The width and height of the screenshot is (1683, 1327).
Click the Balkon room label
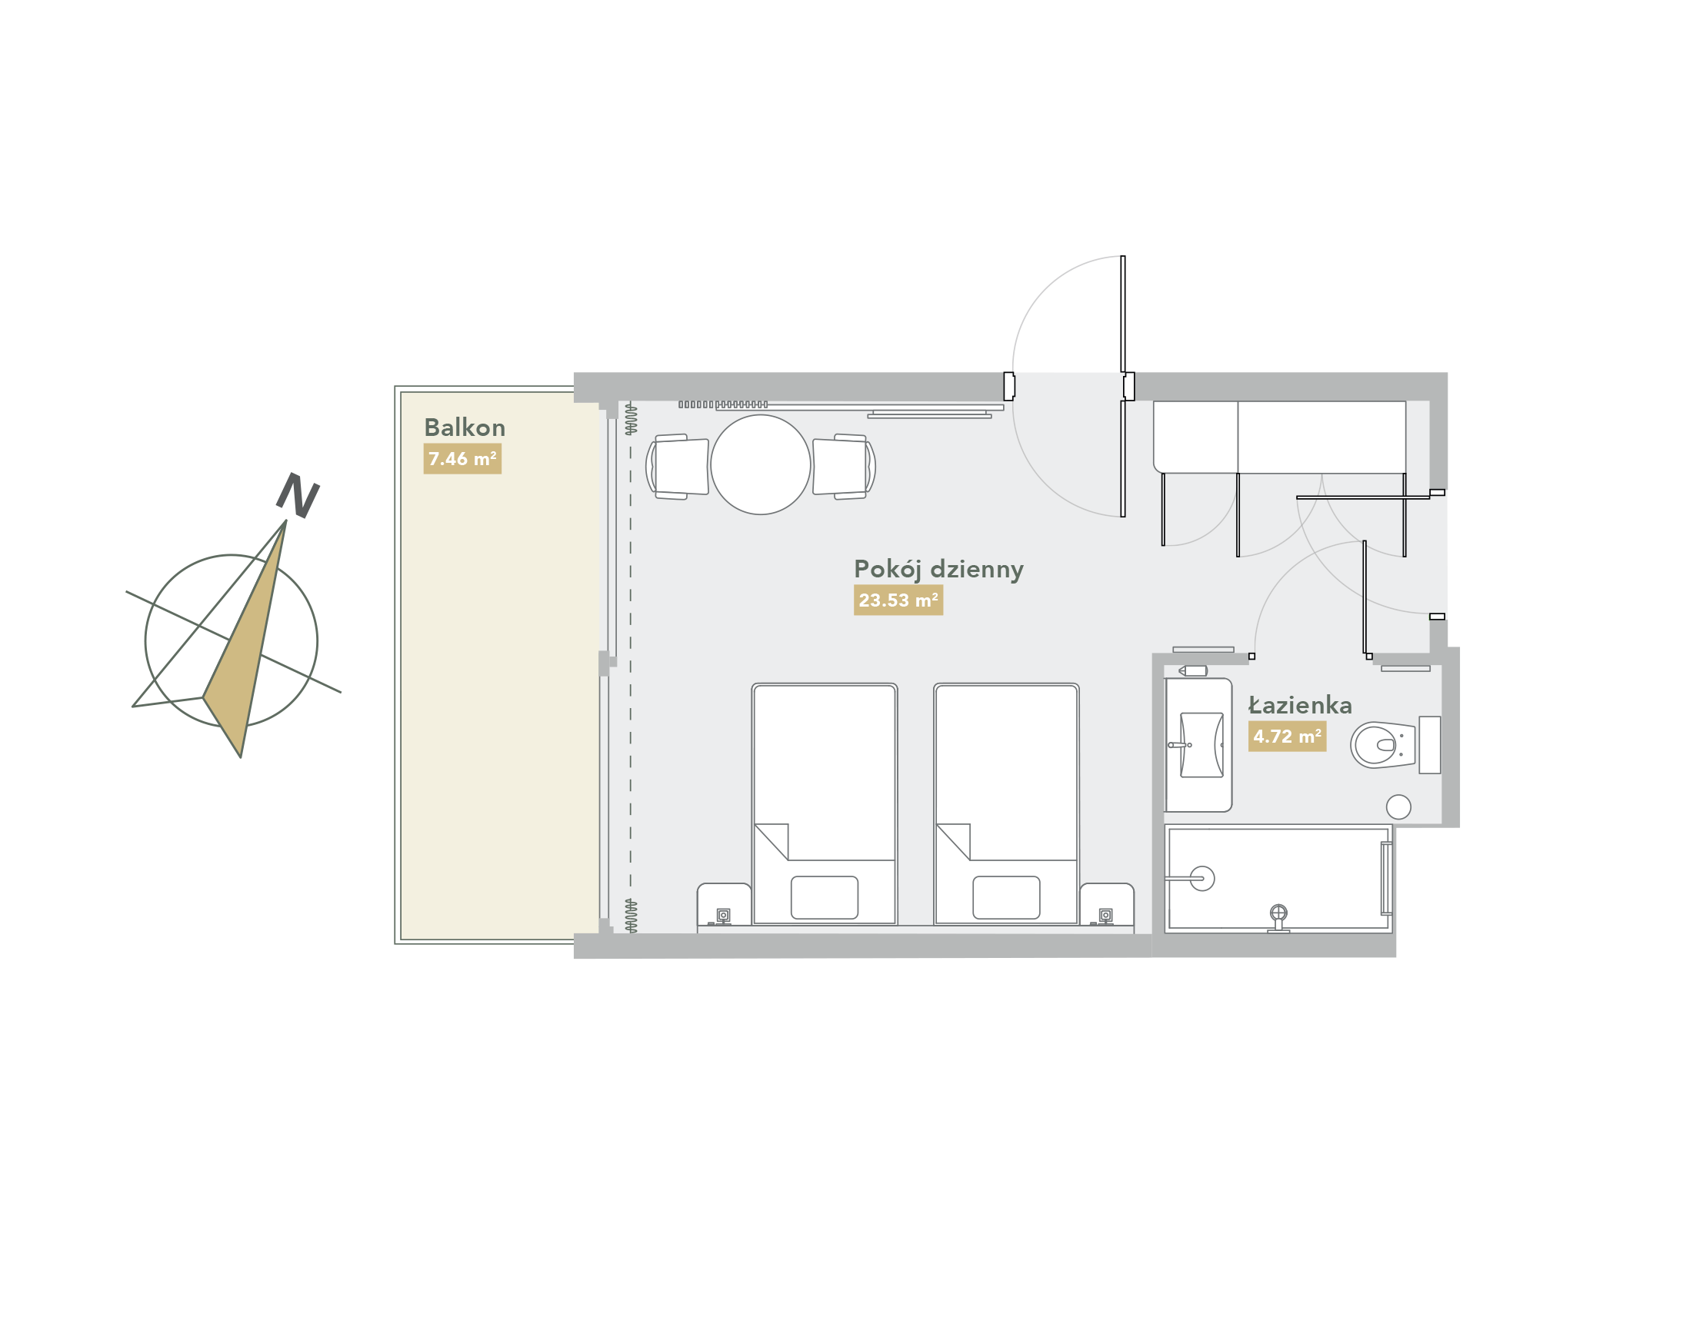pos(464,427)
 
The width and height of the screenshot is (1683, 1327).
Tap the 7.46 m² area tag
pos(462,458)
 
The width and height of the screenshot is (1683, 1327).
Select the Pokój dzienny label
pos(938,570)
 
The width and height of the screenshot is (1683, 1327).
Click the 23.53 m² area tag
pos(898,600)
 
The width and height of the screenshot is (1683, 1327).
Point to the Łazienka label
pos(1300,705)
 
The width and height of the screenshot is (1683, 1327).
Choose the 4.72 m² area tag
pos(1287,736)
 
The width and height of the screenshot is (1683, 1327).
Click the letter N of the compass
pos(298,495)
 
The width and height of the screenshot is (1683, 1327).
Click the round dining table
pos(760,464)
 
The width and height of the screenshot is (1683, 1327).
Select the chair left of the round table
pos(677,466)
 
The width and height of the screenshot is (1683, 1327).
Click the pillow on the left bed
pos(824,897)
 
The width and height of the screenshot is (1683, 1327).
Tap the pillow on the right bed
pos(1006,897)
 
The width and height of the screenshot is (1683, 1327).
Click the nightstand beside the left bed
pos(724,904)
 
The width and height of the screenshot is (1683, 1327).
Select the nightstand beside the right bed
pos(1106,904)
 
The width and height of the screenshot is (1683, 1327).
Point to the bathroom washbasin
pos(1201,745)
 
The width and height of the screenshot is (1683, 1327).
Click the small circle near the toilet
pos(1398,807)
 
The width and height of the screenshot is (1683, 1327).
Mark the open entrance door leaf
pos(1122,386)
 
